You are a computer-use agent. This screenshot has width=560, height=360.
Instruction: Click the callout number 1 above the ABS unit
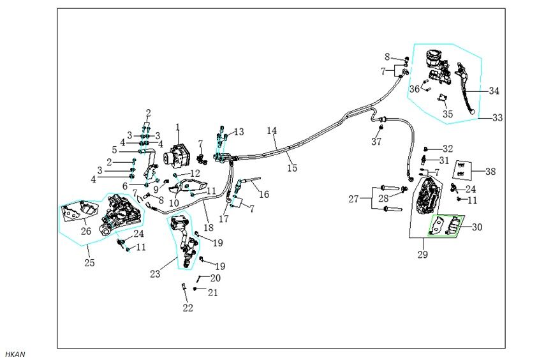[x=178, y=127]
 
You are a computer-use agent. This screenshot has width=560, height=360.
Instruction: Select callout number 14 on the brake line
[x=272, y=131]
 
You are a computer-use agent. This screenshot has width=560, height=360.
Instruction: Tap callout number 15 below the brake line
[x=292, y=169]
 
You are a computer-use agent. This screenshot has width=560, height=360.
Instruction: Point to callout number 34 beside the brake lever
[x=494, y=91]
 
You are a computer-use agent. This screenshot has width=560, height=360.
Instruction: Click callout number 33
[x=497, y=118]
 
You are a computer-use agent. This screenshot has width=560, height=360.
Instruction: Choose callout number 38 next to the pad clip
[x=490, y=172]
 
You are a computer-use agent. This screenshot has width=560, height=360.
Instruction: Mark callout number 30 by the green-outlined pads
[x=477, y=227]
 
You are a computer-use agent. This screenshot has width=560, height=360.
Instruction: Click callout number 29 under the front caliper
[x=423, y=255]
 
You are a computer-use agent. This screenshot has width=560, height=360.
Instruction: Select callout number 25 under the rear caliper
[x=89, y=262]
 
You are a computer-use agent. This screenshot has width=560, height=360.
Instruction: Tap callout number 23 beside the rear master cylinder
[x=155, y=275]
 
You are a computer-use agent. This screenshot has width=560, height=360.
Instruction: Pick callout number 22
[x=188, y=308]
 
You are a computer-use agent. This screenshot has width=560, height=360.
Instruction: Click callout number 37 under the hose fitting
[x=377, y=142]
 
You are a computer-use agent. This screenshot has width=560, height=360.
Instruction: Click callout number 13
[x=239, y=132]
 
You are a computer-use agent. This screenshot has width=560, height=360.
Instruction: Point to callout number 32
[x=448, y=149]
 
